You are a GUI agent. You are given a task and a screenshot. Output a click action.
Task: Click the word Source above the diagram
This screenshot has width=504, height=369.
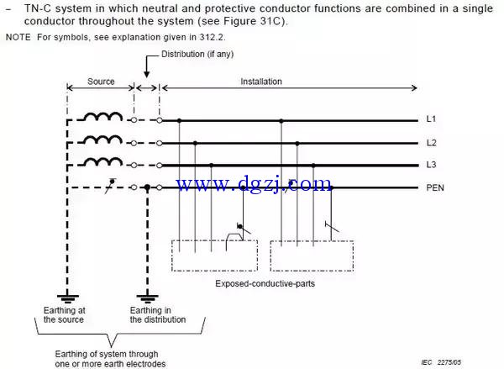(x=101, y=82)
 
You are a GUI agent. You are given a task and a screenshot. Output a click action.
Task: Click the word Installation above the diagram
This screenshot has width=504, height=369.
(x=261, y=82)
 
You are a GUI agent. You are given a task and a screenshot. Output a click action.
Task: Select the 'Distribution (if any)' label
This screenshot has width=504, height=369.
(x=197, y=55)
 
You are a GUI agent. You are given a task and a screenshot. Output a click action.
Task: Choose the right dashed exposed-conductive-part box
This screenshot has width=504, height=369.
(x=311, y=256)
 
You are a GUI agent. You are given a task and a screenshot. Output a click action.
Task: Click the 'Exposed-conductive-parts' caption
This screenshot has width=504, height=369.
(x=263, y=284)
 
